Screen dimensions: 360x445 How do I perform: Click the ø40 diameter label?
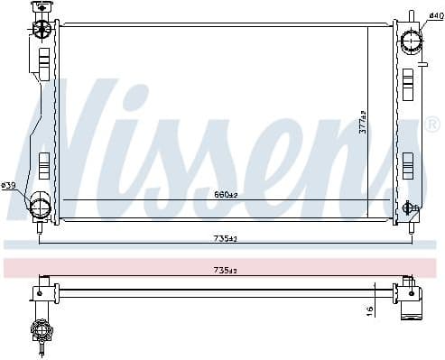[x=435, y=15]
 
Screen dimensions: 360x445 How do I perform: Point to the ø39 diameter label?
[x=9, y=186]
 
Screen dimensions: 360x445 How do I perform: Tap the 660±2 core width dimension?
[x=226, y=194]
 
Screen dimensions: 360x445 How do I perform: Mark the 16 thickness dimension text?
[x=369, y=309]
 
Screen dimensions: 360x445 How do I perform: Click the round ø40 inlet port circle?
[x=412, y=40]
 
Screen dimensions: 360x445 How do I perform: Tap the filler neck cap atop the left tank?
[x=40, y=8]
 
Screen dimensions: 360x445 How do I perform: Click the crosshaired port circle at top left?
[x=41, y=29]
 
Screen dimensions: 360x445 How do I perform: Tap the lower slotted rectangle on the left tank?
[x=44, y=163]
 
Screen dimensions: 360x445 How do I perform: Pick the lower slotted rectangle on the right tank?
[x=409, y=164]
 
